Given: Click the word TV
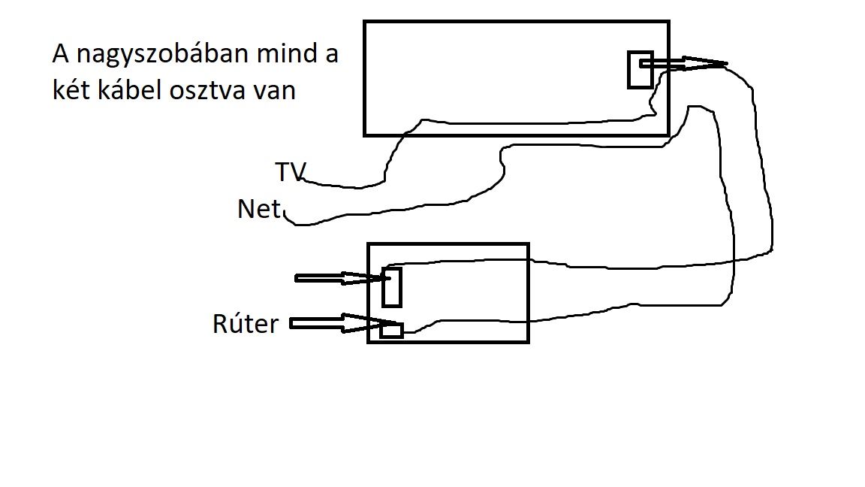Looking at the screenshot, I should tap(290, 172).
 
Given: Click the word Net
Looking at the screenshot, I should tap(258, 208).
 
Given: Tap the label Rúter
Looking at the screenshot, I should tap(245, 325).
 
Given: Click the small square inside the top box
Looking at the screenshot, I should tap(640, 69).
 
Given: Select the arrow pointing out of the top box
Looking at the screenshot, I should tap(683, 65).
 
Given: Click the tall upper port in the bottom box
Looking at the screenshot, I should tap(391, 286).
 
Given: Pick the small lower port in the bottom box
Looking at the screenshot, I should tap(391, 329).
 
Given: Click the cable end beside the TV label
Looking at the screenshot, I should tap(309, 183).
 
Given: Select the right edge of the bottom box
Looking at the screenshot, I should tap(529, 292).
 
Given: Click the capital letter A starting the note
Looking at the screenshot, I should tap(60, 55).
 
